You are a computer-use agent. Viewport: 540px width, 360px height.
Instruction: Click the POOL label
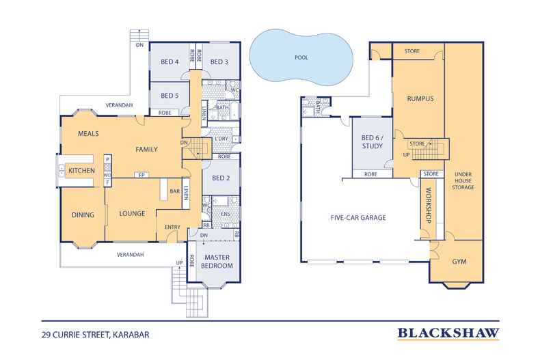click(301, 57)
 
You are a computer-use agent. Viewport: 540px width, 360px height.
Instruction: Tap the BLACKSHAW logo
click(448, 333)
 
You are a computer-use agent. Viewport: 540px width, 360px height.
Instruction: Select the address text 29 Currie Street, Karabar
click(96, 335)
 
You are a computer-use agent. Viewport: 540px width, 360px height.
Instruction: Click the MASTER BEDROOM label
click(217, 262)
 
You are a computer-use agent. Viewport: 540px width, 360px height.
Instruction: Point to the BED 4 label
click(170, 62)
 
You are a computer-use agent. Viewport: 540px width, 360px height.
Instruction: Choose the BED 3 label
click(219, 62)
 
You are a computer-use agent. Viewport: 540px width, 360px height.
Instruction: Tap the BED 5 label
click(170, 96)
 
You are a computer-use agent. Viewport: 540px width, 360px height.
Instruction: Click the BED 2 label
click(221, 178)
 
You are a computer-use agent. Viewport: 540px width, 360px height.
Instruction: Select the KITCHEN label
click(81, 170)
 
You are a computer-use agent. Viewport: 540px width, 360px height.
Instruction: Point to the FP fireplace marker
click(141, 175)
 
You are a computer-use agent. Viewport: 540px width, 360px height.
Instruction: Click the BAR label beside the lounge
click(175, 191)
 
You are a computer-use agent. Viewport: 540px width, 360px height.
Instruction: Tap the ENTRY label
click(172, 227)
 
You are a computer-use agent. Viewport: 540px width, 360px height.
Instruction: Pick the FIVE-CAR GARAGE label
click(358, 217)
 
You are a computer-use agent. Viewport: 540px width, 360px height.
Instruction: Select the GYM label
click(459, 262)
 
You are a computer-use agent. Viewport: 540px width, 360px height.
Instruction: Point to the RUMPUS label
click(420, 99)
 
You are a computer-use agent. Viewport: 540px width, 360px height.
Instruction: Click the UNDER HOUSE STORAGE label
click(463, 181)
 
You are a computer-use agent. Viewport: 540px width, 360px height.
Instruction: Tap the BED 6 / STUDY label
click(373, 142)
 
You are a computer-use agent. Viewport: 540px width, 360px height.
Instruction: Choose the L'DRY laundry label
click(221, 139)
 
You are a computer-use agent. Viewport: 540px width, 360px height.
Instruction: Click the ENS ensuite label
click(226, 214)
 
